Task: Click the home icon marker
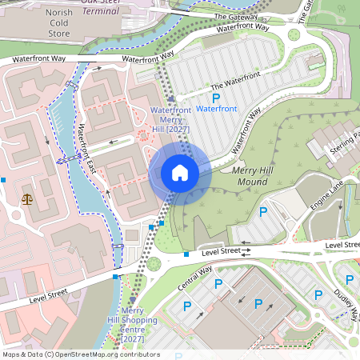point(180,173)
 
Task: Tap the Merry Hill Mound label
point(254,176)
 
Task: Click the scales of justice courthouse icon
point(29,196)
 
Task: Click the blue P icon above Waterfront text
point(215,96)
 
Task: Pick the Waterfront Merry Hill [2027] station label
point(169,119)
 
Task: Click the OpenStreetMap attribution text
point(81,354)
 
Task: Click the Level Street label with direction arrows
point(226,252)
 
